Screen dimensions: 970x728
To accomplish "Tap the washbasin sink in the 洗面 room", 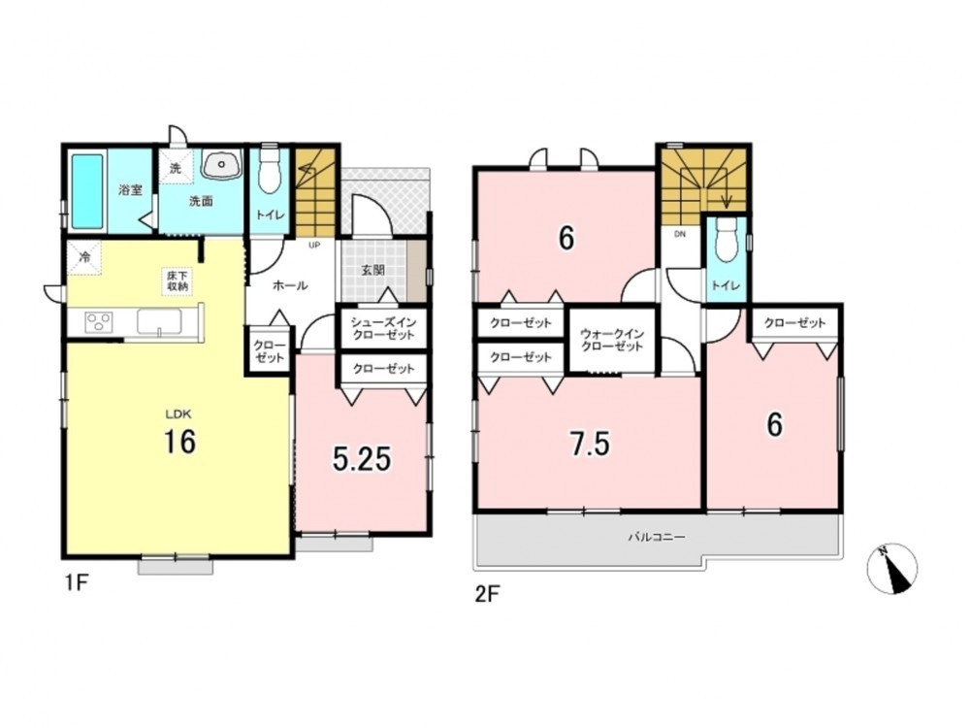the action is click(x=222, y=165).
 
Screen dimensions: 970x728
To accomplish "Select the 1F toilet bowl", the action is click(x=269, y=168).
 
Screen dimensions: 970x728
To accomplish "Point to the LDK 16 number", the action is click(x=179, y=442).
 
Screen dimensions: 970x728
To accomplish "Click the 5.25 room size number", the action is click(x=362, y=459).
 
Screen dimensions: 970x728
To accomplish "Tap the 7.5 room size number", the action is click(x=590, y=444).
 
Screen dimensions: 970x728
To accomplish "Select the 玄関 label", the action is click(x=373, y=270).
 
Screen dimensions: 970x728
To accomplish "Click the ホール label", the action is click(x=290, y=285).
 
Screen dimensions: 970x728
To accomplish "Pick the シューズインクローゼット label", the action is click(x=383, y=328).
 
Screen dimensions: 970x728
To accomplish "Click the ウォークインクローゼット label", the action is click(x=612, y=340).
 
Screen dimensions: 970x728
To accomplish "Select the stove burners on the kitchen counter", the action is click(x=99, y=322).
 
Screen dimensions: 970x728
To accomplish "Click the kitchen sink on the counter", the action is click(x=159, y=322).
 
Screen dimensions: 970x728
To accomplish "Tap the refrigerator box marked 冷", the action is click(x=84, y=257).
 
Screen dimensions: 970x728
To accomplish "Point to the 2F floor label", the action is click(x=487, y=594).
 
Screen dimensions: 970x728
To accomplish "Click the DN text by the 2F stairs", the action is click(x=680, y=234).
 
